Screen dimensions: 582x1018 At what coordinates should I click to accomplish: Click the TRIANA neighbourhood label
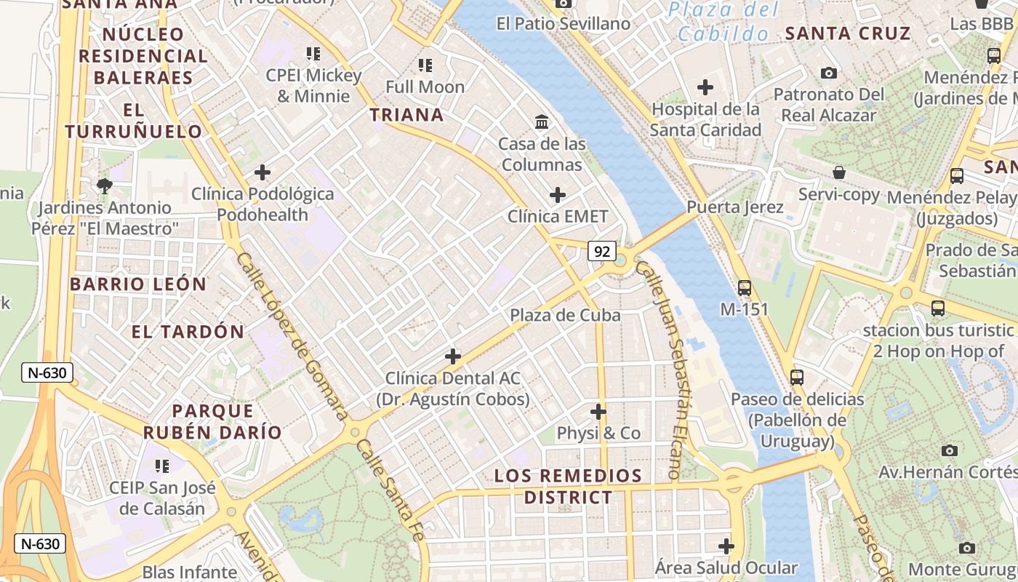click(x=406, y=115)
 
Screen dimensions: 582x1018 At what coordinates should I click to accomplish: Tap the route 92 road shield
click(x=602, y=252)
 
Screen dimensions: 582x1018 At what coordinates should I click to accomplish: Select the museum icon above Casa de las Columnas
click(x=542, y=121)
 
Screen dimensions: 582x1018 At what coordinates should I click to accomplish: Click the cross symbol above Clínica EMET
click(x=558, y=195)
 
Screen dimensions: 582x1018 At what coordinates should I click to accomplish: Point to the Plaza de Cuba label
click(x=565, y=315)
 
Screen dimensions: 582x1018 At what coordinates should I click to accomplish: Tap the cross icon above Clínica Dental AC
click(x=453, y=356)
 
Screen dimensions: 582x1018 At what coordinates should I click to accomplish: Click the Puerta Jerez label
click(x=735, y=207)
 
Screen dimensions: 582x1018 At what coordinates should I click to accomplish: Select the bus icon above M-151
click(x=744, y=288)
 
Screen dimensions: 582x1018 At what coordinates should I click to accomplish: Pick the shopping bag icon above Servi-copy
click(x=839, y=173)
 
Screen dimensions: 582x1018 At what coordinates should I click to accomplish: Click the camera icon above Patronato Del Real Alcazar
click(x=829, y=73)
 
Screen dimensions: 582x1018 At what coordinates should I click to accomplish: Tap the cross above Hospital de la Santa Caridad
click(x=705, y=88)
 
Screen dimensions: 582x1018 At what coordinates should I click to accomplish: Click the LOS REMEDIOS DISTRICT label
click(x=568, y=487)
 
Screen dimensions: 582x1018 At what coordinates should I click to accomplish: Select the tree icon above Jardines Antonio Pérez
click(x=105, y=186)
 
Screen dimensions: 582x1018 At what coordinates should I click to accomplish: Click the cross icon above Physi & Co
click(x=598, y=412)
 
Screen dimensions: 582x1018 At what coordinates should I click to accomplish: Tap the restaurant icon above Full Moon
click(x=425, y=65)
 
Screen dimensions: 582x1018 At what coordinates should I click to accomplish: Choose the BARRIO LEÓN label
click(x=138, y=284)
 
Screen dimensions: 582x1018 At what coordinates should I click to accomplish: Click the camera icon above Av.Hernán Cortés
click(x=949, y=450)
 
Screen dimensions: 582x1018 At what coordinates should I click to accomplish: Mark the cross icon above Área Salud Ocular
click(x=726, y=546)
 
